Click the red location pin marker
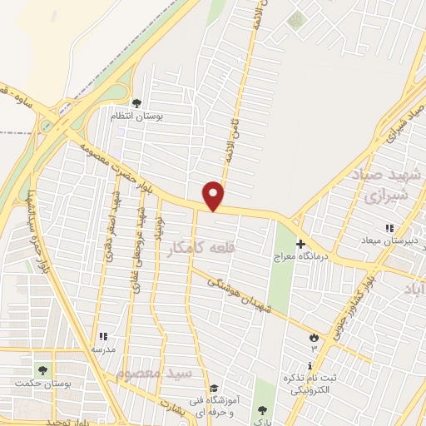click(x=214, y=195)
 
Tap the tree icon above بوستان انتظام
click(x=137, y=103)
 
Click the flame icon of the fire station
click(x=314, y=338)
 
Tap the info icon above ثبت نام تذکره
click(x=310, y=366)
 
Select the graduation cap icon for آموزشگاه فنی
click(x=214, y=389)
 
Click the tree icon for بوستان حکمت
click(x=41, y=369)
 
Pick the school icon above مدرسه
click(x=103, y=337)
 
